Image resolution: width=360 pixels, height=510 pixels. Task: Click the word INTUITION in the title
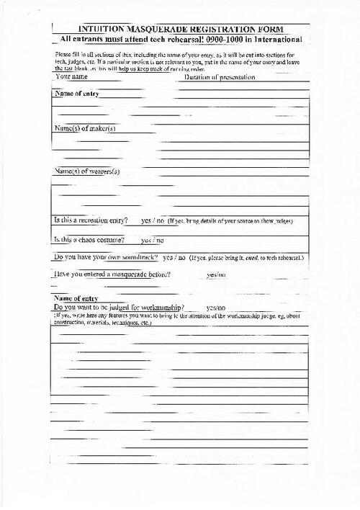99,27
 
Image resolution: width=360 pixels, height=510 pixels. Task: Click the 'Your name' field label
72,77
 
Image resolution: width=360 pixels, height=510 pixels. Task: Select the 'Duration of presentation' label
219,77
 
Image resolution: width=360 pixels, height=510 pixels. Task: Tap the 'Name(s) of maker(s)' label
85,128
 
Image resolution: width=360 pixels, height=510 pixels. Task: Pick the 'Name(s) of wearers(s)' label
87,171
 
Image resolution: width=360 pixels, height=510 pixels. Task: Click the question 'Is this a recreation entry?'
91,220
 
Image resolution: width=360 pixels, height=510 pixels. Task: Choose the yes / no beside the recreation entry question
152,220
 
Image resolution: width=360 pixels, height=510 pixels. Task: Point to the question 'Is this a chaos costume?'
89,239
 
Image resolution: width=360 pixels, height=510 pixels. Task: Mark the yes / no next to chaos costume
152,240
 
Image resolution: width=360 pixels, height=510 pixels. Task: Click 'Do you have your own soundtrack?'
106,256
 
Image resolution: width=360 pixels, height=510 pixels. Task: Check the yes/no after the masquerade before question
216,275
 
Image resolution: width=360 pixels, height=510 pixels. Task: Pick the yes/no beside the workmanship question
216,308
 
